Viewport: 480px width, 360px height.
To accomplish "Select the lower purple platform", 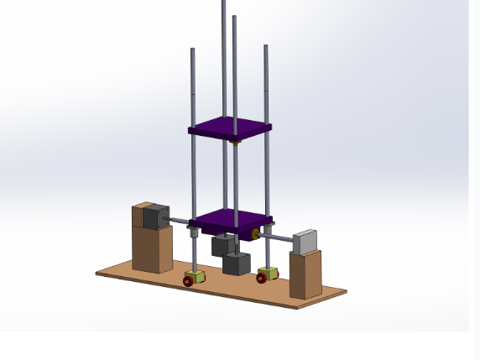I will (x=231, y=221).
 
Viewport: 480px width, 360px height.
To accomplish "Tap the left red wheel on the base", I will (x=189, y=282).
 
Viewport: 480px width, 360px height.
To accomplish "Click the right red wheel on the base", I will (x=262, y=278).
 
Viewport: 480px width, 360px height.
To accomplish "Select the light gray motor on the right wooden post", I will (x=306, y=241).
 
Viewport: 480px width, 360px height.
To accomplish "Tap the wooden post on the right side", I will (x=305, y=274).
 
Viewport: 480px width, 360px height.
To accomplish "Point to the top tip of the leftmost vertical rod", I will (x=192, y=50).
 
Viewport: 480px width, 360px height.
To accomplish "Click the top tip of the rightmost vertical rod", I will (x=266, y=47).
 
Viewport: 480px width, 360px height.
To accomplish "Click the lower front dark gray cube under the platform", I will (x=237, y=264).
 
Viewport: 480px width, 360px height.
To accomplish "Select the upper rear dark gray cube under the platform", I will (x=223, y=245).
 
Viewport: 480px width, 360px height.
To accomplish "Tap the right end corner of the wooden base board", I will (x=345, y=292).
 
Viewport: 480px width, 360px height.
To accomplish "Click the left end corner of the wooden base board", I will (x=97, y=272).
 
